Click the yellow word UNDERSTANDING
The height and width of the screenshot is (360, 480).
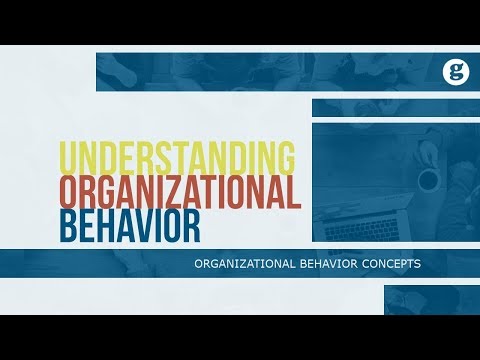click(x=178, y=159)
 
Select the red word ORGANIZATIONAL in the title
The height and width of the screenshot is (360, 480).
click(x=179, y=192)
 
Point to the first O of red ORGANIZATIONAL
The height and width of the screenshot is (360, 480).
click(x=70, y=192)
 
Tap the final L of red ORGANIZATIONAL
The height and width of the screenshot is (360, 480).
click(x=294, y=192)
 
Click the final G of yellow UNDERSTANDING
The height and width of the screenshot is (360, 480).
click(x=285, y=159)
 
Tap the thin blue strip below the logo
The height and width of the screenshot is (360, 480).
click(x=395, y=107)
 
